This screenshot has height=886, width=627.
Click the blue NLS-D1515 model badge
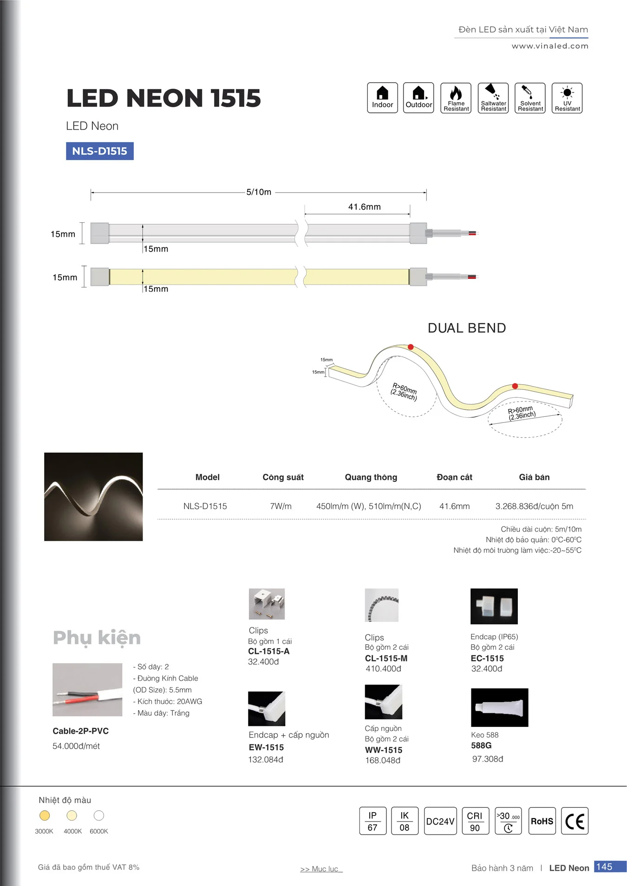coord(99,151)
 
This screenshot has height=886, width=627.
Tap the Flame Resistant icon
coord(456,98)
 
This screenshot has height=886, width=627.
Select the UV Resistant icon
coord(567,98)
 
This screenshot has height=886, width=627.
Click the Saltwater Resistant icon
coord(493,98)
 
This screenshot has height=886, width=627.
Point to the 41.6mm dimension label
coord(364,207)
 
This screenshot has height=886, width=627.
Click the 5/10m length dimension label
coord(259,192)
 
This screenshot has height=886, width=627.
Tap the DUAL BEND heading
coord(466,328)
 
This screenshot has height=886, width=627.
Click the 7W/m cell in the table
coord(281,506)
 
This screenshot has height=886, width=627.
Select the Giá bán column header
coord(534,477)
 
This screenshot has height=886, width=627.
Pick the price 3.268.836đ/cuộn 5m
coord(534,506)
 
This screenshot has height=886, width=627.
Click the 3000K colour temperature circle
coord(45,815)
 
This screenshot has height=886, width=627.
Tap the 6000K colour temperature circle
coord(99,815)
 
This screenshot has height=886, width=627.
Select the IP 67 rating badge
coord(372,821)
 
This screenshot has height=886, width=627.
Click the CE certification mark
coord(575,821)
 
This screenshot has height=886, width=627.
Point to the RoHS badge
coord(542,821)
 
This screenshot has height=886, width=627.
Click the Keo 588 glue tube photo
coord(499,707)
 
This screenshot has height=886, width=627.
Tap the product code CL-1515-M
coord(386,658)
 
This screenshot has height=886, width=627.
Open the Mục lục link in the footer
coord(321,869)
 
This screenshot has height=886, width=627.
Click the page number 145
coord(604,867)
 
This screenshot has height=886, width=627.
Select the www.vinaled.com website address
coord(550,46)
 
